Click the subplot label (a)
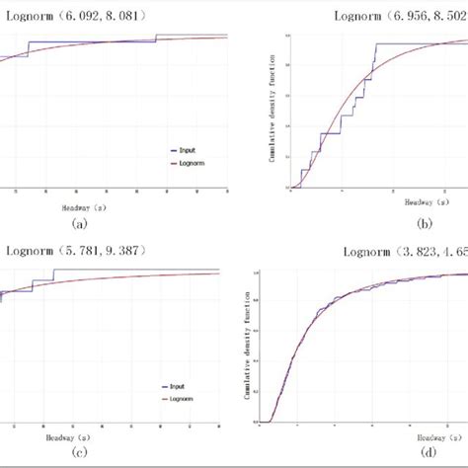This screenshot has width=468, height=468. coord(81,223)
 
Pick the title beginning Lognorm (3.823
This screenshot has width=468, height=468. coord(405,251)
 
